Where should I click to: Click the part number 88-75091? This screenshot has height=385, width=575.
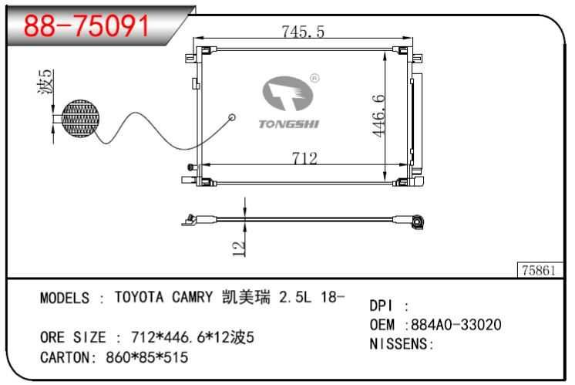click(86, 25)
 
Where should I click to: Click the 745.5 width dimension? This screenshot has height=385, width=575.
click(303, 31)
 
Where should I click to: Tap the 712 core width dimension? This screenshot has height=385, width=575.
click(304, 158)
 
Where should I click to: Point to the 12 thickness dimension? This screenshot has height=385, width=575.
click(239, 246)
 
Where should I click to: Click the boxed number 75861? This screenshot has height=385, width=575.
click(540, 270)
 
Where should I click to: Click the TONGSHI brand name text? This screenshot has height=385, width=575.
click(288, 123)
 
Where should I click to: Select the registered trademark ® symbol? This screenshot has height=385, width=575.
click(315, 78)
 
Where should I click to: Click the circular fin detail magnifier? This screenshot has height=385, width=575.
click(80, 120)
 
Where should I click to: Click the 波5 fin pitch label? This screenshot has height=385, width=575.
click(47, 83)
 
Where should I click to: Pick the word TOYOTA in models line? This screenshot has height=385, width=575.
click(135, 297)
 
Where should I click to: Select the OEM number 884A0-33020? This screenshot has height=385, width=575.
click(456, 325)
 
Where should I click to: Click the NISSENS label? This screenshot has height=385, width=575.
click(401, 343)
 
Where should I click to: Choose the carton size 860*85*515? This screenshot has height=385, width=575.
click(146, 358)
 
